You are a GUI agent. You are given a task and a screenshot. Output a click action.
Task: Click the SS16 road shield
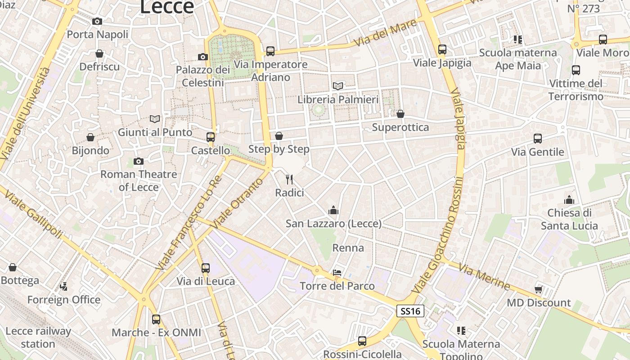[x=410, y=311]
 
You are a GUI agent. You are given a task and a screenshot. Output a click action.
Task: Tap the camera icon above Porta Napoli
[x=97, y=21]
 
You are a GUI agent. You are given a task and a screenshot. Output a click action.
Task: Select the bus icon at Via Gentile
[x=537, y=139]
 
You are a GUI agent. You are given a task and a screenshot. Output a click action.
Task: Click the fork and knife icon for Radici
[x=289, y=180]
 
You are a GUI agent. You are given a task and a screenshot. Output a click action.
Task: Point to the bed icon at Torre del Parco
[x=337, y=273]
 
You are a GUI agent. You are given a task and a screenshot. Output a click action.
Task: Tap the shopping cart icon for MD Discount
[x=538, y=289]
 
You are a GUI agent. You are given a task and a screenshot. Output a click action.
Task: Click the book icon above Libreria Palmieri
[x=337, y=86]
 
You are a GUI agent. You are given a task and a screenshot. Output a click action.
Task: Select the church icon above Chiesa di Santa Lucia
[x=569, y=200]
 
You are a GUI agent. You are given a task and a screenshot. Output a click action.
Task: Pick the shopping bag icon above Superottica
[x=400, y=114]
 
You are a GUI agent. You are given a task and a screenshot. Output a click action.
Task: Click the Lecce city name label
[x=167, y=7]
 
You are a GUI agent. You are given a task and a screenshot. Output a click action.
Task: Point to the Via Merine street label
[x=484, y=277]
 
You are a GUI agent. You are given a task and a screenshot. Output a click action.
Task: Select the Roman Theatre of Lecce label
[x=139, y=180]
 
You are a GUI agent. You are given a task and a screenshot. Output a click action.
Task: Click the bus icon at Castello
[x=211, y=137]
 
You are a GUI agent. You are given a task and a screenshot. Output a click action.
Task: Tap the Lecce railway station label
[x=38, y=337]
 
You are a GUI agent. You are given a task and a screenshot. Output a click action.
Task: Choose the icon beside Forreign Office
[x=64, y=286]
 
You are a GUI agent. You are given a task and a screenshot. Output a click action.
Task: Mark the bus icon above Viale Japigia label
[x=442, y=49]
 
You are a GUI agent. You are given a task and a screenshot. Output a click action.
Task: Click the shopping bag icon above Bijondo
[x=90, y=137]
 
